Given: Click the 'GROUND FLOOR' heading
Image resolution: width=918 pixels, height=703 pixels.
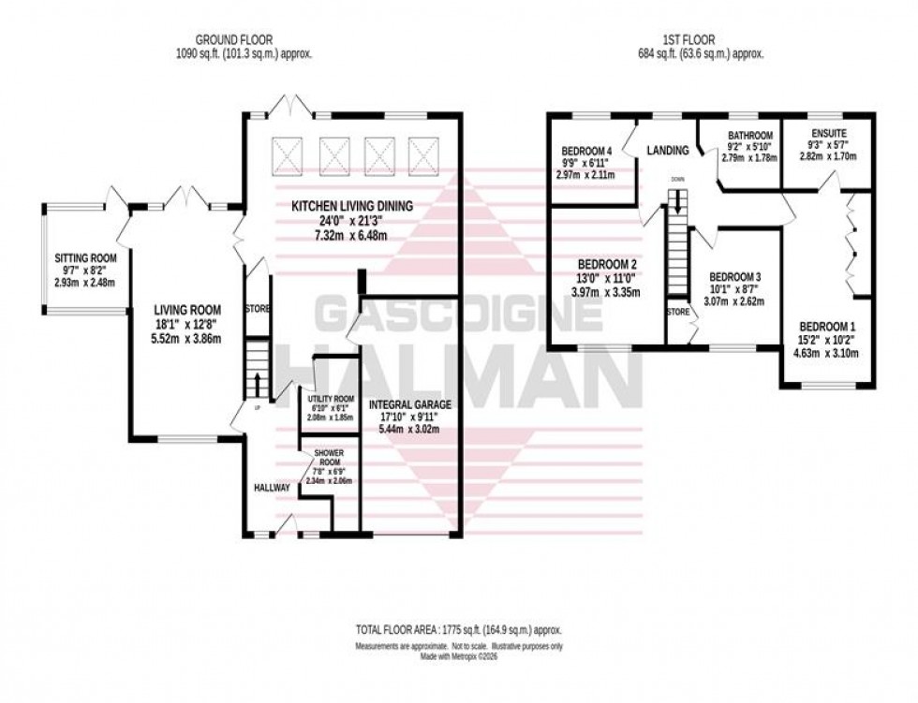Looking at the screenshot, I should coord(233,39).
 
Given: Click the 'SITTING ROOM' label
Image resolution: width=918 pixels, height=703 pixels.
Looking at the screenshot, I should coord(82,256).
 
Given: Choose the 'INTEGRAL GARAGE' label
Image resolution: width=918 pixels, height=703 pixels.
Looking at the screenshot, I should coord(410,405).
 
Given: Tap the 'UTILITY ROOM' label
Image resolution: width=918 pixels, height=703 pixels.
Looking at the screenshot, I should coord(331,399).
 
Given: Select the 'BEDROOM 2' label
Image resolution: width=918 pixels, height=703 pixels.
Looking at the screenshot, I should coord(595,263).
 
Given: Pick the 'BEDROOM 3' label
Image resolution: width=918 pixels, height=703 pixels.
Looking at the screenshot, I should coord(734,277).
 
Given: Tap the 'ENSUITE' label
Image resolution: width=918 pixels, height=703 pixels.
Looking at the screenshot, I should coord(827,135).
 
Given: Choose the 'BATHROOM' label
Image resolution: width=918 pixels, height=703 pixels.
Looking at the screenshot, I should coord(750,135).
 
